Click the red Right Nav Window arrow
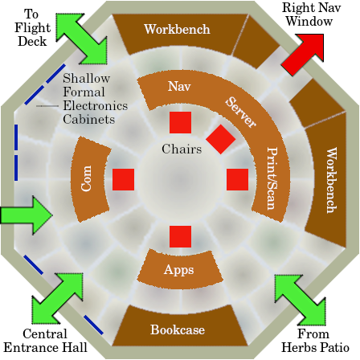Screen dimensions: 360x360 tap(303, 55)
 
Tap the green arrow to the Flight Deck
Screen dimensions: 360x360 tap(81, 39)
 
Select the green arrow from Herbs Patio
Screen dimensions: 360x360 tap(301, 300)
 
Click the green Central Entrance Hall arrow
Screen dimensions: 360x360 tap(58, 298)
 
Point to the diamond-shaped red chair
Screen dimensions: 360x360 tap(221, 139)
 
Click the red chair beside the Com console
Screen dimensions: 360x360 tap(123, 179)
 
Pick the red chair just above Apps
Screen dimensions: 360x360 tap(180, 236)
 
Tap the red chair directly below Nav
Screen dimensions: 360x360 tap(180, 122)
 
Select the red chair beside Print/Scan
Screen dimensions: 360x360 tap(237, 179)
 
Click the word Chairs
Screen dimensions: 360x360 tap(182, 149)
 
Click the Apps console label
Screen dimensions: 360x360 tap(178, 269)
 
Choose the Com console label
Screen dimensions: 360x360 tap(86, 178)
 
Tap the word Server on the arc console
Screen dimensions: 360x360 tap(240, 112)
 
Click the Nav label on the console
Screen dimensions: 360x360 tap(179, 86)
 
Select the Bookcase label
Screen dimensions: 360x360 tap(178, 329)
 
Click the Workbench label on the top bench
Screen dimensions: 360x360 tap(177, 29)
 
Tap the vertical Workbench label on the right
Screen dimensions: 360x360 tap(332, 180)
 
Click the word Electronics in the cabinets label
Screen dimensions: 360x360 tap(96, 105)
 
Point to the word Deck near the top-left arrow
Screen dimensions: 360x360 tap(32, 41)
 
